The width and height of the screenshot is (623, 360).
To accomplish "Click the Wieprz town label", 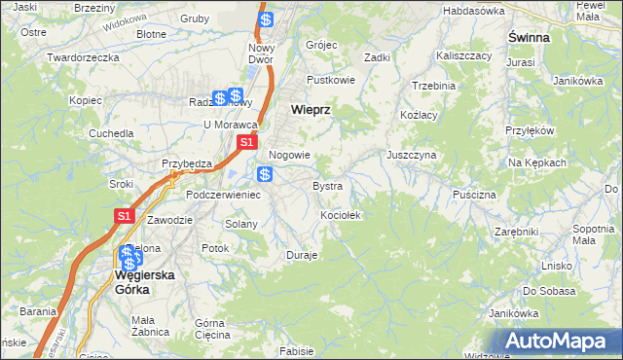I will (x=311, y=110).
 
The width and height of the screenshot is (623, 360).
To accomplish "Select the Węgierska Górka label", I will (x=144, y=281).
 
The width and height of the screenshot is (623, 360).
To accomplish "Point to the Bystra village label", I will (x=327, y=185).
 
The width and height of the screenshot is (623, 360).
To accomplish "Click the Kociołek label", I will (x=341, y=215).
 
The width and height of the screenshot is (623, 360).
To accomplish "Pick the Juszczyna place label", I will (x=411, y=155).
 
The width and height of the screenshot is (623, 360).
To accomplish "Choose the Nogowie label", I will (x=289, y=155).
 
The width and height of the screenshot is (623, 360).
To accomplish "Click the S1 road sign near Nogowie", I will (x=247, y=142).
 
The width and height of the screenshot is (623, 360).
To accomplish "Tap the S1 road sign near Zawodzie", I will (x=124, y=216).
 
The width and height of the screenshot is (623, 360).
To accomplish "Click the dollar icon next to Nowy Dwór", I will (x=266, y=18).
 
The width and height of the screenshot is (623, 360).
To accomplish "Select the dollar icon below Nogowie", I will (x=265, y=174).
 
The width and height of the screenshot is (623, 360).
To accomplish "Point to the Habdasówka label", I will (x=473, y=11).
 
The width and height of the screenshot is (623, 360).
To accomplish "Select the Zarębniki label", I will (x=516, y=233).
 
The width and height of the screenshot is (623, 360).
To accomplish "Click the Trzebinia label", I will (x=433, y=86).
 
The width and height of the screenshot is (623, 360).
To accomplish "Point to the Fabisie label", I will (x=296, y=350).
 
